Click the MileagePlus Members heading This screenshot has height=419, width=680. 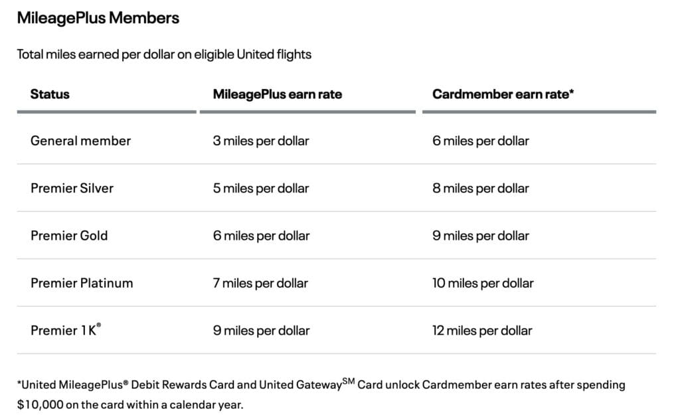[x=98, y=18]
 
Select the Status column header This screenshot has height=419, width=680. [x=50, y=94]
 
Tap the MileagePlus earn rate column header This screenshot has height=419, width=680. [x=277, y=94]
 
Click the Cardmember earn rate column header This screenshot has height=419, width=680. [x=503, y=94]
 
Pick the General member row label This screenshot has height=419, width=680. [x=80, y=141]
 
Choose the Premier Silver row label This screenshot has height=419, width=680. [x=72, y=188]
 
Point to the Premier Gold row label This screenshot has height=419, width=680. [x=69, y=236]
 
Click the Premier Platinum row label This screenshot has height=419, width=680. [x=82, y=283]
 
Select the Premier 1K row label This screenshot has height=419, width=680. [x=64, y=330]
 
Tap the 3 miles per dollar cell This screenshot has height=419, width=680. [x=260, y=141]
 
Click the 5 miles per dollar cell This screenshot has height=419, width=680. [x=260, y=188]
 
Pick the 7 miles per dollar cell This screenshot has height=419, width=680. [x=260, y=283]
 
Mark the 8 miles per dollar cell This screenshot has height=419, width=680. [x=480, y=188]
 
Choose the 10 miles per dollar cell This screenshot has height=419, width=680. [x=483, y=283]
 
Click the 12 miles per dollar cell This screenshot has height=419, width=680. [x=482, y=330]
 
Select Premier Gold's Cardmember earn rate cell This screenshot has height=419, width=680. [x=480, y=236]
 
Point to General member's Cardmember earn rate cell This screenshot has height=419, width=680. [x=480, y=141]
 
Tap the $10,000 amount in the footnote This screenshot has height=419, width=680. [x=40, y=404]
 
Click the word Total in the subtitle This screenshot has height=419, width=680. [x=29, y=54]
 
